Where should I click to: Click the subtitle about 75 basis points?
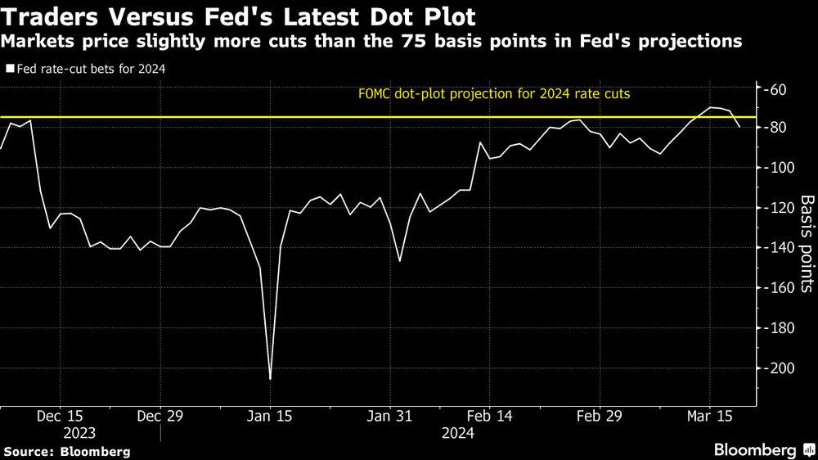(x=371, y=42)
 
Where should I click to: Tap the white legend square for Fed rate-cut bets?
(x=9, y=70)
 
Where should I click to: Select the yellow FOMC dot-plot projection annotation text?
(x=494, y=93)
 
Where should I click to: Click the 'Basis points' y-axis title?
(x=806, y=243)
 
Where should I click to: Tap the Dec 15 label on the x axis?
(x=60, y=416)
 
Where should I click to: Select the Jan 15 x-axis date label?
(x=270, y=416)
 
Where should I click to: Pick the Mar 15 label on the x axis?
(x=709, y=416)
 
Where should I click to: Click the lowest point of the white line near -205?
(x=270, y=379)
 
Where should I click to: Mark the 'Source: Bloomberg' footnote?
(x=66, y=451)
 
